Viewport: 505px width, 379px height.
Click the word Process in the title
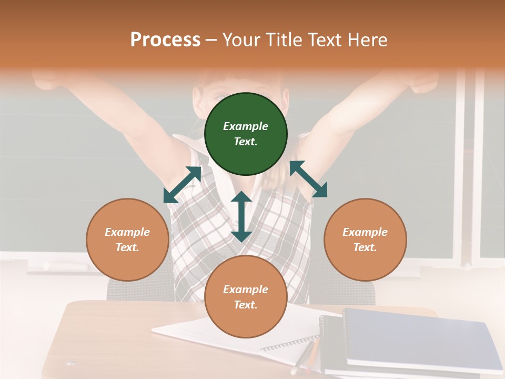click(x=165, y=40)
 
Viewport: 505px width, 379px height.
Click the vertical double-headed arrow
click(x=241, y=216)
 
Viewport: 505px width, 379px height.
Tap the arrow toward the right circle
click(x=308, y=179)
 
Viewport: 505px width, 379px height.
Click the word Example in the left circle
click(x=127, y=232)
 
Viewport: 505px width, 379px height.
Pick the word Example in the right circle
click(x=365, y=232)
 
